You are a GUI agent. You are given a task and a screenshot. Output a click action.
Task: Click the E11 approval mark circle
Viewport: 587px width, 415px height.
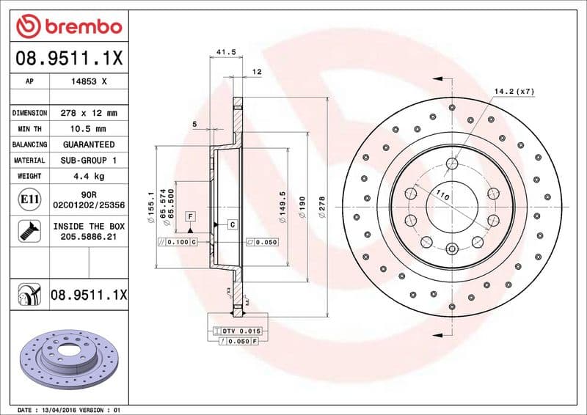click(29, 199)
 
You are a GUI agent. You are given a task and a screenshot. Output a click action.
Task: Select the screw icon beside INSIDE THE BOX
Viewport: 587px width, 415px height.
click(29, 232)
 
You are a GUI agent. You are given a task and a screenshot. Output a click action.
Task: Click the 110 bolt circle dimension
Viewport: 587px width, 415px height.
click(442, 196)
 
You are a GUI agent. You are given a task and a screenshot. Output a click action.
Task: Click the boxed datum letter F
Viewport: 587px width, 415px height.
click(190, 216)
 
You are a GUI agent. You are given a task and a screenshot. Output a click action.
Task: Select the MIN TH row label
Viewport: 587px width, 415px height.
click(29, 129)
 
